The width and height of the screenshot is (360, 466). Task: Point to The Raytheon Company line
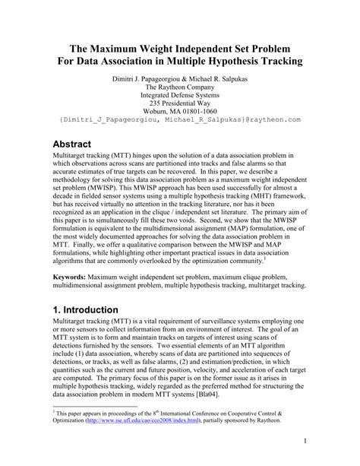pos(180,87)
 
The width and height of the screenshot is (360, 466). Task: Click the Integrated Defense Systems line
pos(180,97)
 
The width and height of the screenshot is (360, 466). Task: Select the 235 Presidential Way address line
pos(180,108)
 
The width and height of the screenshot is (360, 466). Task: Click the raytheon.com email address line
pos(180,130)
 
